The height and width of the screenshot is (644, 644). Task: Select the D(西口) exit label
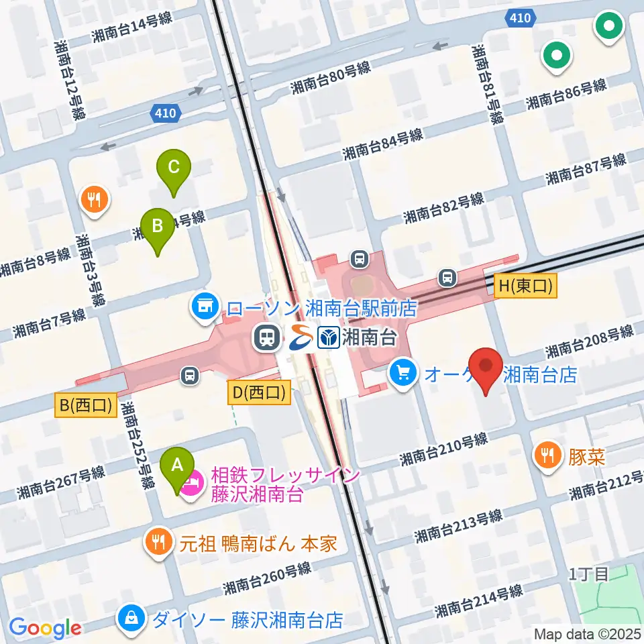260,392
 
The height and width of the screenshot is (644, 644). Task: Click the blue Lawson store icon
204,307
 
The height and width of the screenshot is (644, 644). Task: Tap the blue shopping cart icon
402,372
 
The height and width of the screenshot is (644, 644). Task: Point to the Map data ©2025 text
588,634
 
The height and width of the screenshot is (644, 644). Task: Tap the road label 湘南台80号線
331,78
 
